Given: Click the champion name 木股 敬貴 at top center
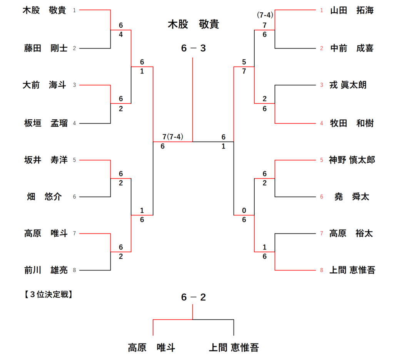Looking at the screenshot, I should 193,25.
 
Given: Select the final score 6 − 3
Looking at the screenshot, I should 193,48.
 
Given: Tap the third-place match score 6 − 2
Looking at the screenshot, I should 193,297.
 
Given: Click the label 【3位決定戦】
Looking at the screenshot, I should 46,295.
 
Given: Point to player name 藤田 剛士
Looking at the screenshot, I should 45,48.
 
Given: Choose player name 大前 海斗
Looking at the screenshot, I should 45,85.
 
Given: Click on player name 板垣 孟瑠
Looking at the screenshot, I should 45,123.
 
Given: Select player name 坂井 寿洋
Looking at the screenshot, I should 45,160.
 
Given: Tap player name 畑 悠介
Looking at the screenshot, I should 45,197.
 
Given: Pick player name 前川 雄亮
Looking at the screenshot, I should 45,270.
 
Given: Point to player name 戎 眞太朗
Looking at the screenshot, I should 348,85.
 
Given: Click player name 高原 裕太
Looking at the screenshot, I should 351,233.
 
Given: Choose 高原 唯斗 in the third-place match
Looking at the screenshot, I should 152,348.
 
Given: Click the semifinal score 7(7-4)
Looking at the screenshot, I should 172,137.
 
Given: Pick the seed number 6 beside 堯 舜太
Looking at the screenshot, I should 322,197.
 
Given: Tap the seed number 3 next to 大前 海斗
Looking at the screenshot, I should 74,85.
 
